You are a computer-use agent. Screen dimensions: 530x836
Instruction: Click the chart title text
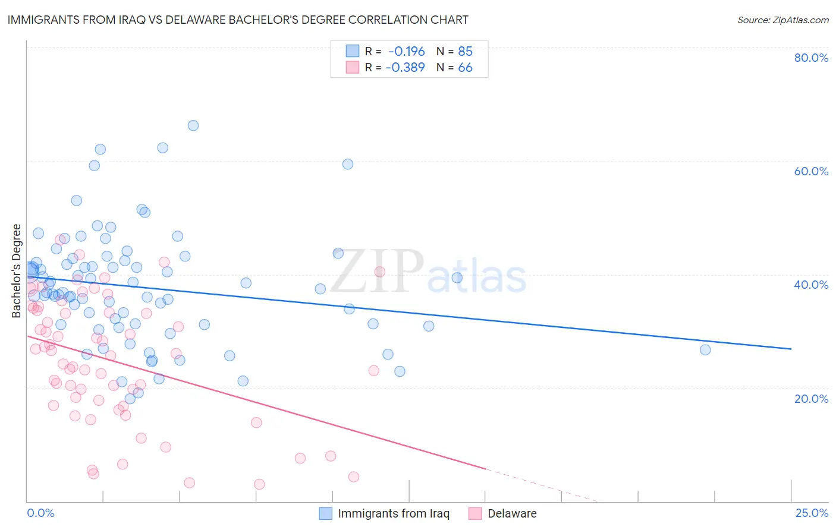click(238, 20)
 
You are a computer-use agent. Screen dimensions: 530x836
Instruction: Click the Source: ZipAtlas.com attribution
click(782, 20)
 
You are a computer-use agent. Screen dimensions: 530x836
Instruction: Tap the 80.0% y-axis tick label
click(811, 58)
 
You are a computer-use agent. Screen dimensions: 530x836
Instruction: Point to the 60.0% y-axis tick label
click(811, 171)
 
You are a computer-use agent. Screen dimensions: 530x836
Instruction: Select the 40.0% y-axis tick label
click(811, 285)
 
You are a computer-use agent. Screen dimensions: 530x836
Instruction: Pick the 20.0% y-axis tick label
click(811, 398)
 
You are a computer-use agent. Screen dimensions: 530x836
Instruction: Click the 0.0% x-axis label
click(41, 513)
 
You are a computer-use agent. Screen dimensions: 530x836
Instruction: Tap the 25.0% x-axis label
click(812, 513)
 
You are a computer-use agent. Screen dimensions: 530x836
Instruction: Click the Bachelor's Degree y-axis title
click(17, 271)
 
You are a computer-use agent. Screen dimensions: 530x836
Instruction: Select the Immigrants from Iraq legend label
click(394, 513)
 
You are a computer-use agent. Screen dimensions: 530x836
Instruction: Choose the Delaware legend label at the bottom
click(512, 513)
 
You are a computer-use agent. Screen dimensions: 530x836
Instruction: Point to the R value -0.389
click(405, 67)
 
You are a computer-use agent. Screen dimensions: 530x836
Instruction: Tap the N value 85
click(465, 51)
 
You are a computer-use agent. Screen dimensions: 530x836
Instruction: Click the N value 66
click(465, 67)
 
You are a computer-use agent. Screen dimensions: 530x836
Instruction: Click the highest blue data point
click(193, 125)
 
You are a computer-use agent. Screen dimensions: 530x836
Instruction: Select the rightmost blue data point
click(705, 349)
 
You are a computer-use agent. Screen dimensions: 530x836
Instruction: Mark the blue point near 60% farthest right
click(348, 164)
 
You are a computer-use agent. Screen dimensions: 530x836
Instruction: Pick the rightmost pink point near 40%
click(379, 272)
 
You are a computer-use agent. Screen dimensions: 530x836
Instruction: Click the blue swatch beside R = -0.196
click(353, 51)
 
